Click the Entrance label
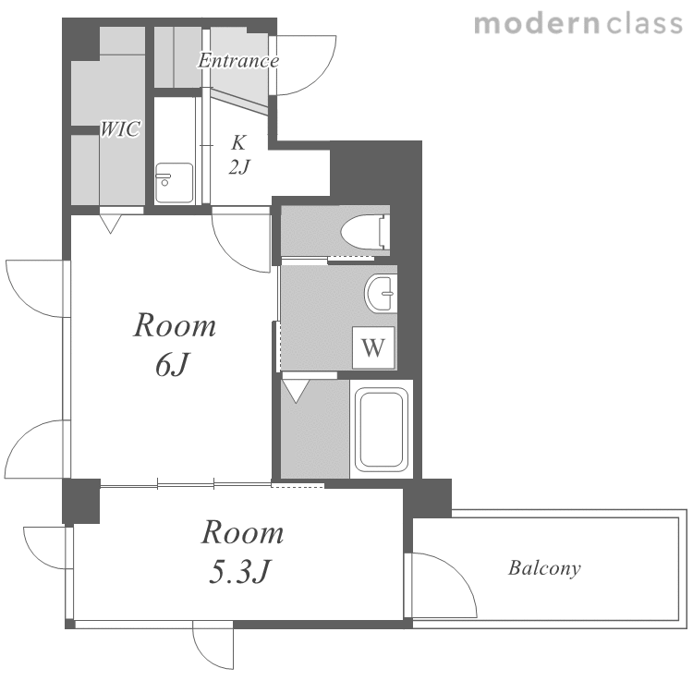click(238, 61)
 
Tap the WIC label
click(120, 128)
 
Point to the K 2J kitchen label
click(239, 154)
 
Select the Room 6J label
click(174, 345)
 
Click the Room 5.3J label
click(242, 552)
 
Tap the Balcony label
click(544, 568)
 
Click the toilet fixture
click(365, 230)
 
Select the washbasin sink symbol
click(381, 294)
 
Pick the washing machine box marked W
click(373, 347)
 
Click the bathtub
click(382, 429)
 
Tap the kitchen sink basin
click(174, 183)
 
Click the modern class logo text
click(578, 24)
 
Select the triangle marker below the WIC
click(111, 225)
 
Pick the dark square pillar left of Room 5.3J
click(81, 501)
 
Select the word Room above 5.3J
click(242, 532)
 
